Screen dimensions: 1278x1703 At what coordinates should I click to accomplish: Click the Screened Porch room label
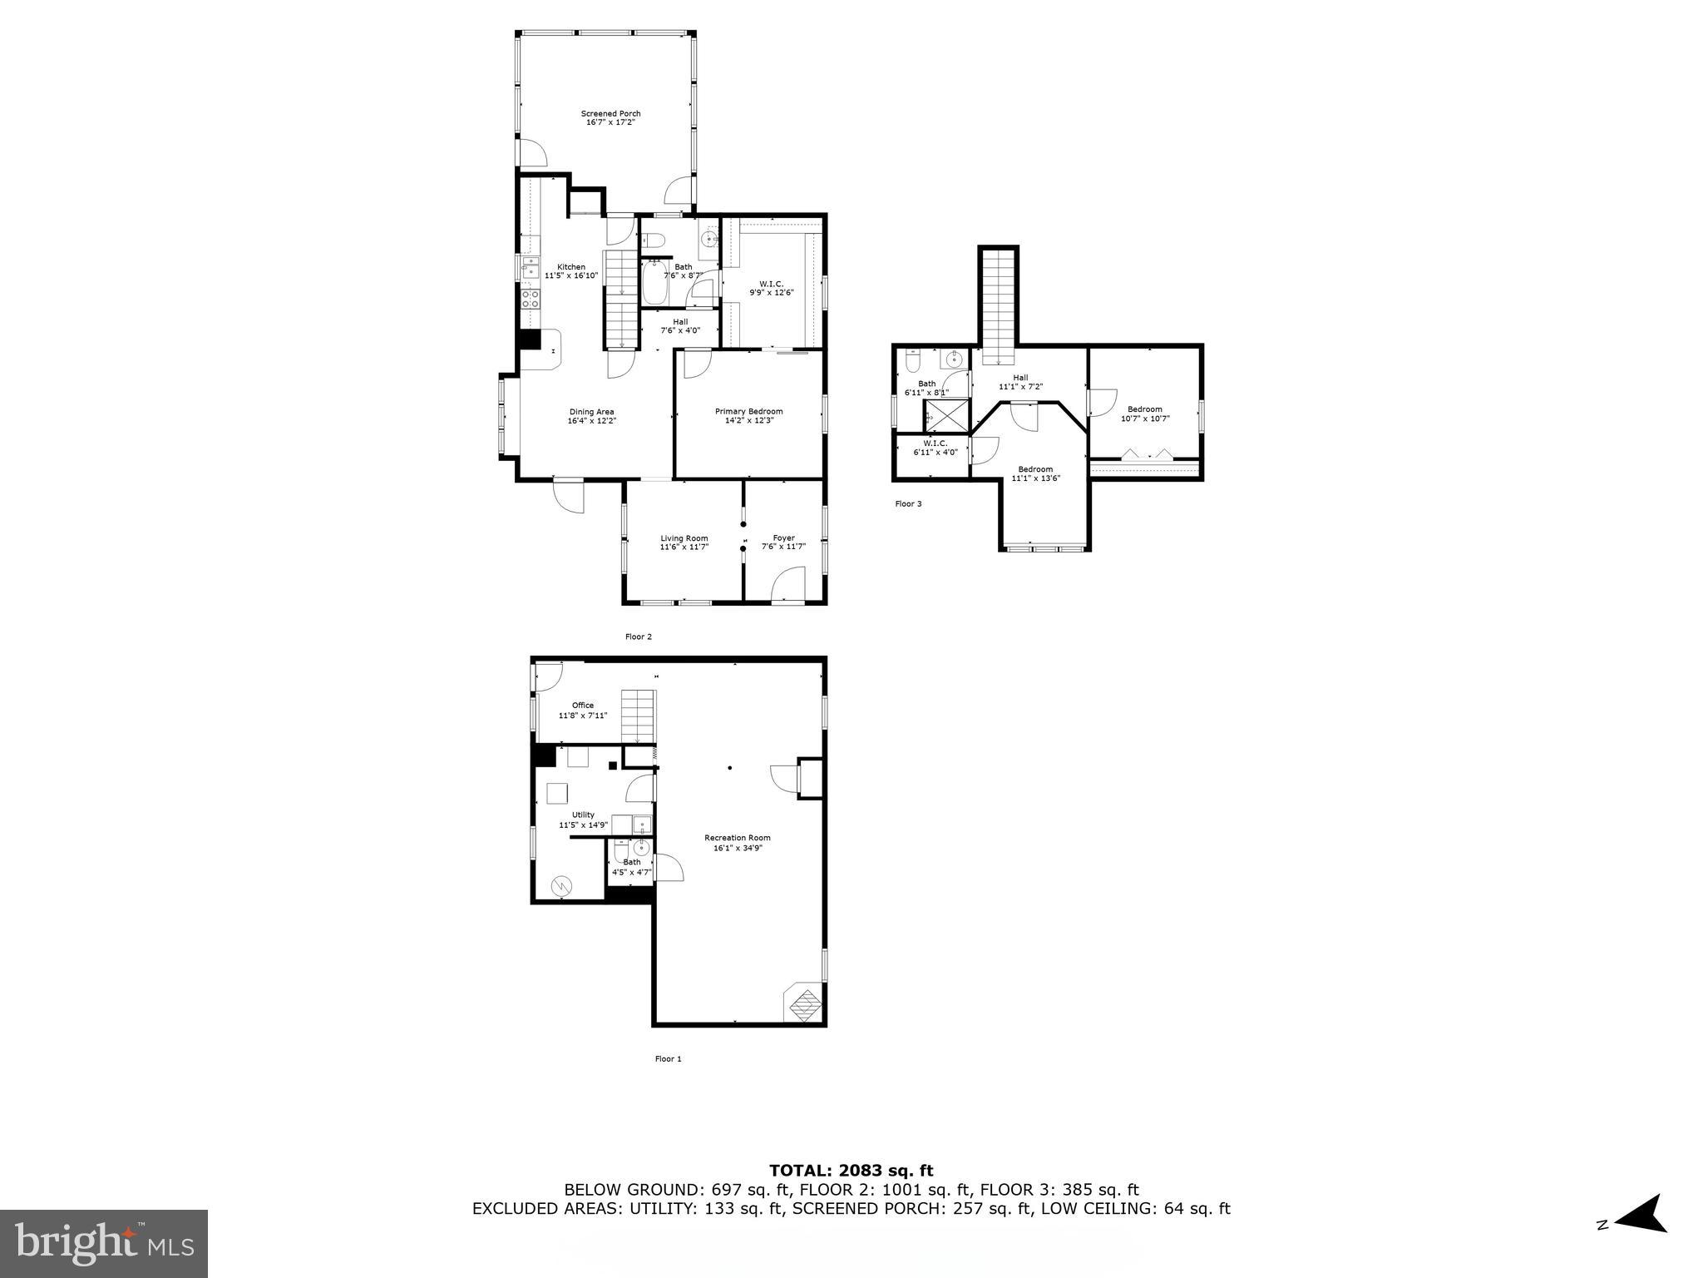[x=610, y=114]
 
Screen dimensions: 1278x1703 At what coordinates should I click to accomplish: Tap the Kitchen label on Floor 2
[x=570, y=267]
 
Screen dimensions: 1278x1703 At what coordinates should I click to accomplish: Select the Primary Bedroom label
[x=748, y=412]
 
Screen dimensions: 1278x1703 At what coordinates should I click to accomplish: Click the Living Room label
[x=684, y=538]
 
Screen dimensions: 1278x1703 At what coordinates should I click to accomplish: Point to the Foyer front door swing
[x=789, y=583]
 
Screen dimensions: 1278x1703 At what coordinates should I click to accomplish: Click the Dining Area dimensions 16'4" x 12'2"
[x=591, y=421]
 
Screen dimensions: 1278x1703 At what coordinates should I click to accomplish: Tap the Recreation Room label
[x=737, y=838]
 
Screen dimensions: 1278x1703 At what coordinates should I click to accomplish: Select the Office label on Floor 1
[x=582, y=706]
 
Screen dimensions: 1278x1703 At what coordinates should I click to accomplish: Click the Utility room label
[x=582, y=815]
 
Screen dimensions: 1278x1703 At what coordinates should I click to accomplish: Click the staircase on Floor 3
[x=998, y=304]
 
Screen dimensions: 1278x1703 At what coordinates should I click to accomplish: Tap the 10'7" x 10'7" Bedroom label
[x=1144, y=409]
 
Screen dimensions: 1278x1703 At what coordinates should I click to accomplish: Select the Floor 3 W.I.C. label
[x=935, y=443]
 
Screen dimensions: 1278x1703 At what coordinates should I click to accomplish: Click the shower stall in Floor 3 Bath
[x=946, y=414]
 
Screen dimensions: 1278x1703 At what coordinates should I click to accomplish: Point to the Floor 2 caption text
[x=638, y=637]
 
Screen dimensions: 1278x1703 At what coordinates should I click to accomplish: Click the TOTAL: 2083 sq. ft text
[x=851, y=1171]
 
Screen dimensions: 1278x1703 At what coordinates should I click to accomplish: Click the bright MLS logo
[x=104, y=1243]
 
